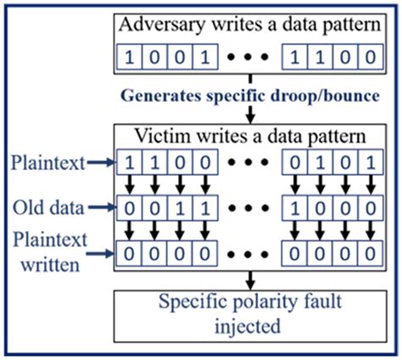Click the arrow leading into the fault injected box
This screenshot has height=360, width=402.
[x=249, y=280]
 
